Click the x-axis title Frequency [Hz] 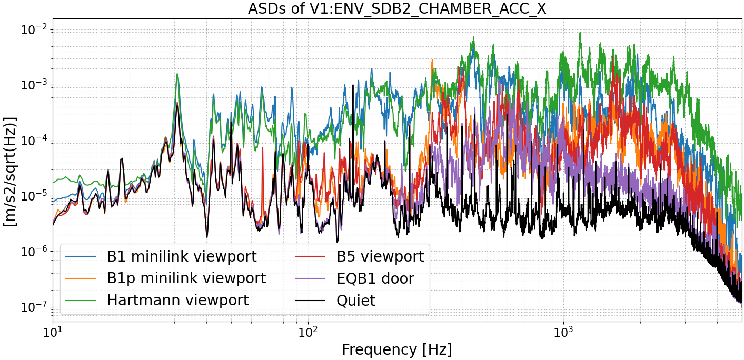click(x=396, y=349)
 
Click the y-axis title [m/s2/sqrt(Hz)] click(x=10, y=172)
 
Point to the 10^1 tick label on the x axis click(x=53, y=333)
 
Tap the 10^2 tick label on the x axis click(x=308, y=333)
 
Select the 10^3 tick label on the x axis click(x=563, y=333)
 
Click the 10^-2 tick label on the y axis click(x=32, y=30)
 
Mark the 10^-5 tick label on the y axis click(x=32, y=196)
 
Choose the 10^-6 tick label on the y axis click(x=32, y=252)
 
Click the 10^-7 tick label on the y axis click(x=32, y=307)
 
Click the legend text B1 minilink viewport click(x=182, y=257)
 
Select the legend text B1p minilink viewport click(x=186, y=278)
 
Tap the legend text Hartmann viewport click(x=177, y=300)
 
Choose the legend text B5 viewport click(x=380, y=257)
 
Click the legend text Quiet click(x=356, y=301)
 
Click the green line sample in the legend click(x=81, y=300)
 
